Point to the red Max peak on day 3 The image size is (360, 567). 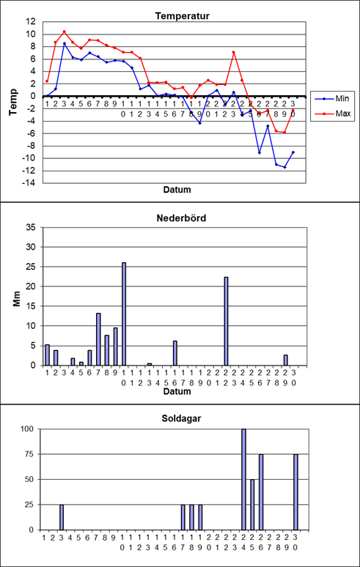(65, 31)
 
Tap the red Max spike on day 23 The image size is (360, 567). (234, 52)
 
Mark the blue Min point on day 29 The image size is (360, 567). (284, 167)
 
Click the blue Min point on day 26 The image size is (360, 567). (259, 152)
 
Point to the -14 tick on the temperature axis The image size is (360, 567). (29, 183)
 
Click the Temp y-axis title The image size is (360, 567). (14, 102)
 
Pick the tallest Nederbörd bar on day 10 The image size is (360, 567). (124, 314)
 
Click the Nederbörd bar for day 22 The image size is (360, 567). (226, 321)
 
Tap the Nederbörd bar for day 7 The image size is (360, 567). (98, 339)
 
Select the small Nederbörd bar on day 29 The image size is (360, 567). (285, 360)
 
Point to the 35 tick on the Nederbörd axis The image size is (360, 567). (33, 227)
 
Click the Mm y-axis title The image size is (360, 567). (17, 300)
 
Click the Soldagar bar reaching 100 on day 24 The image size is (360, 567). (243, 480)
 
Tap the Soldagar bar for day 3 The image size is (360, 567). (62, 517)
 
